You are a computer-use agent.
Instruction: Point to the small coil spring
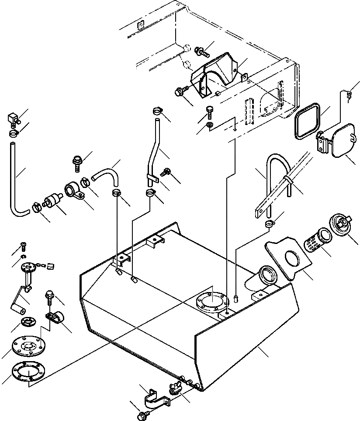348,94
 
